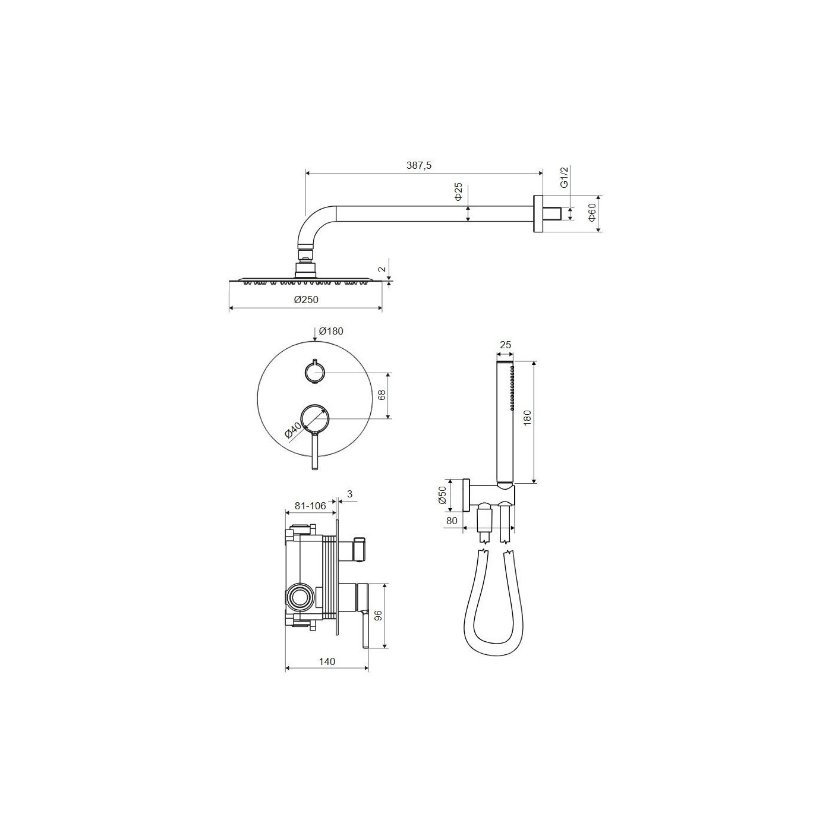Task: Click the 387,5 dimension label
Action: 419,165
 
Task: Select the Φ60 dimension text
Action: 591,213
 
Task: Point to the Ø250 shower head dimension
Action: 306,300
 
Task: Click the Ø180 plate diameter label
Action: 331,331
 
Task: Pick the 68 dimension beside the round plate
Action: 382,395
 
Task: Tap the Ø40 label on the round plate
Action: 294,430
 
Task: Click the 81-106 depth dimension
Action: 310,506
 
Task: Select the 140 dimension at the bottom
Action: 327,661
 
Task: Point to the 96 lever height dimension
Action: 379,616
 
